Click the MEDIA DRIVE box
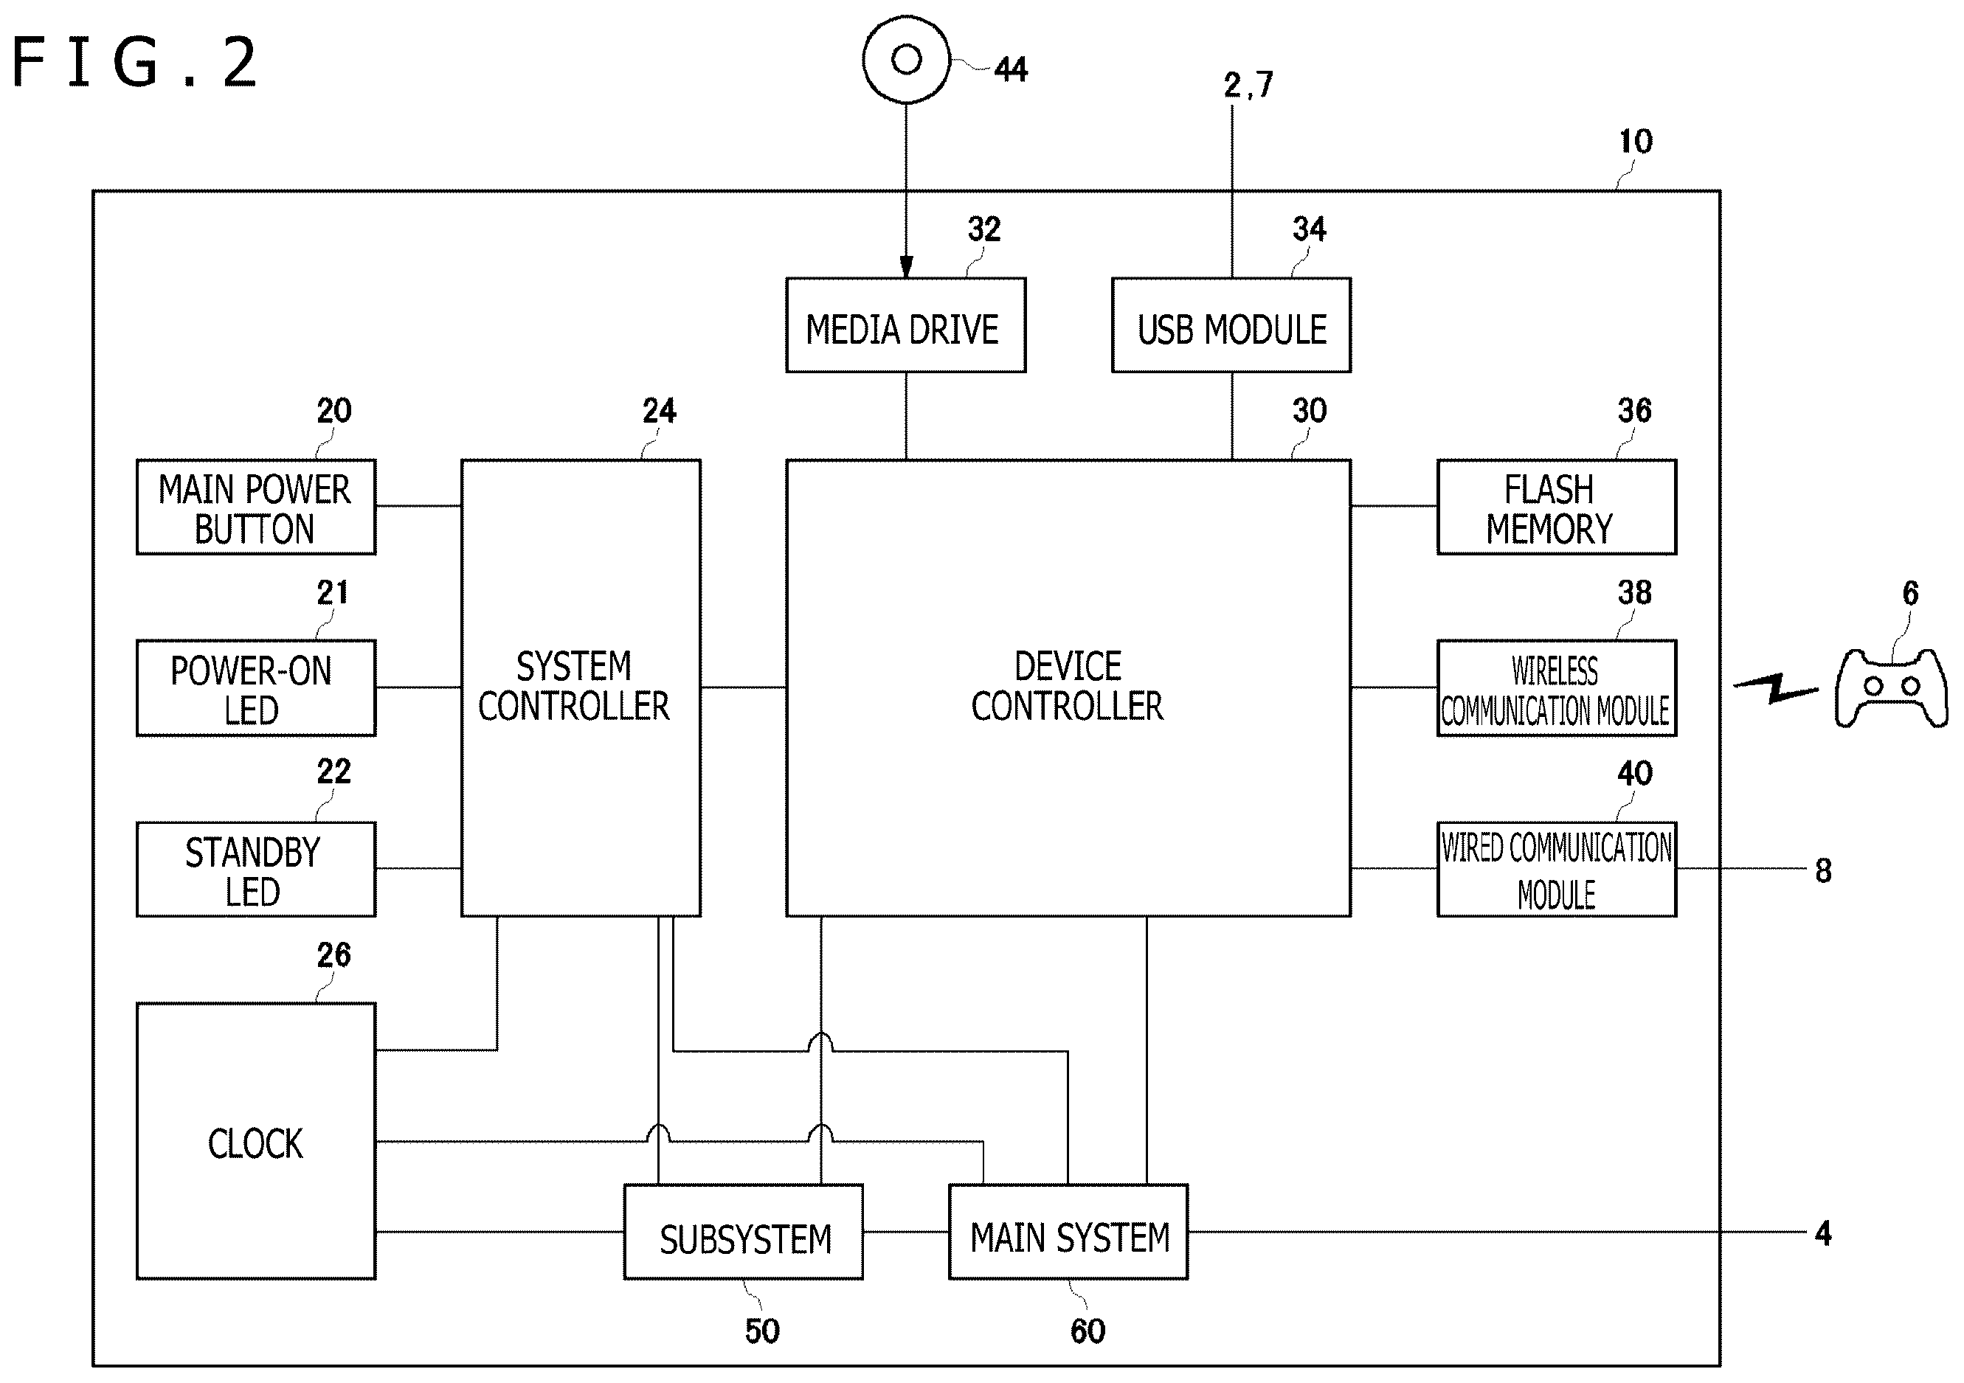pos(906,325)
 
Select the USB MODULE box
pos(1231,325)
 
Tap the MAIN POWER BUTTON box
pos(256,507)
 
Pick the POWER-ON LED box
pos(256,687)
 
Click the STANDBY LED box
pos(256,869)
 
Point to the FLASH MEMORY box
pos(1556,507)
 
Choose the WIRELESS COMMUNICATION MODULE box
pos(1556,687)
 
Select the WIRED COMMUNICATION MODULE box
pos(1556,869)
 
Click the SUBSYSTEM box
pos(744,1232)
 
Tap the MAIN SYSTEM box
pos(1068,1232)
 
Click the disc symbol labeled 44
pos(906,59)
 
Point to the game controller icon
pos(1891,688)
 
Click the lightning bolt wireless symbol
pos(1775,687)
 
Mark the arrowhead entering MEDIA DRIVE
pos(906,267)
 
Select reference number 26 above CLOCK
pos(333,954)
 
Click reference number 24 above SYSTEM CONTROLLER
pos(660,411)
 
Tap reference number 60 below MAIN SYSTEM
pos(1088,1331)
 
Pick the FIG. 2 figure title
pos(134,61)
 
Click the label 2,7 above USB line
pos(1249,85)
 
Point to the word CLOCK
pos(256,1143)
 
